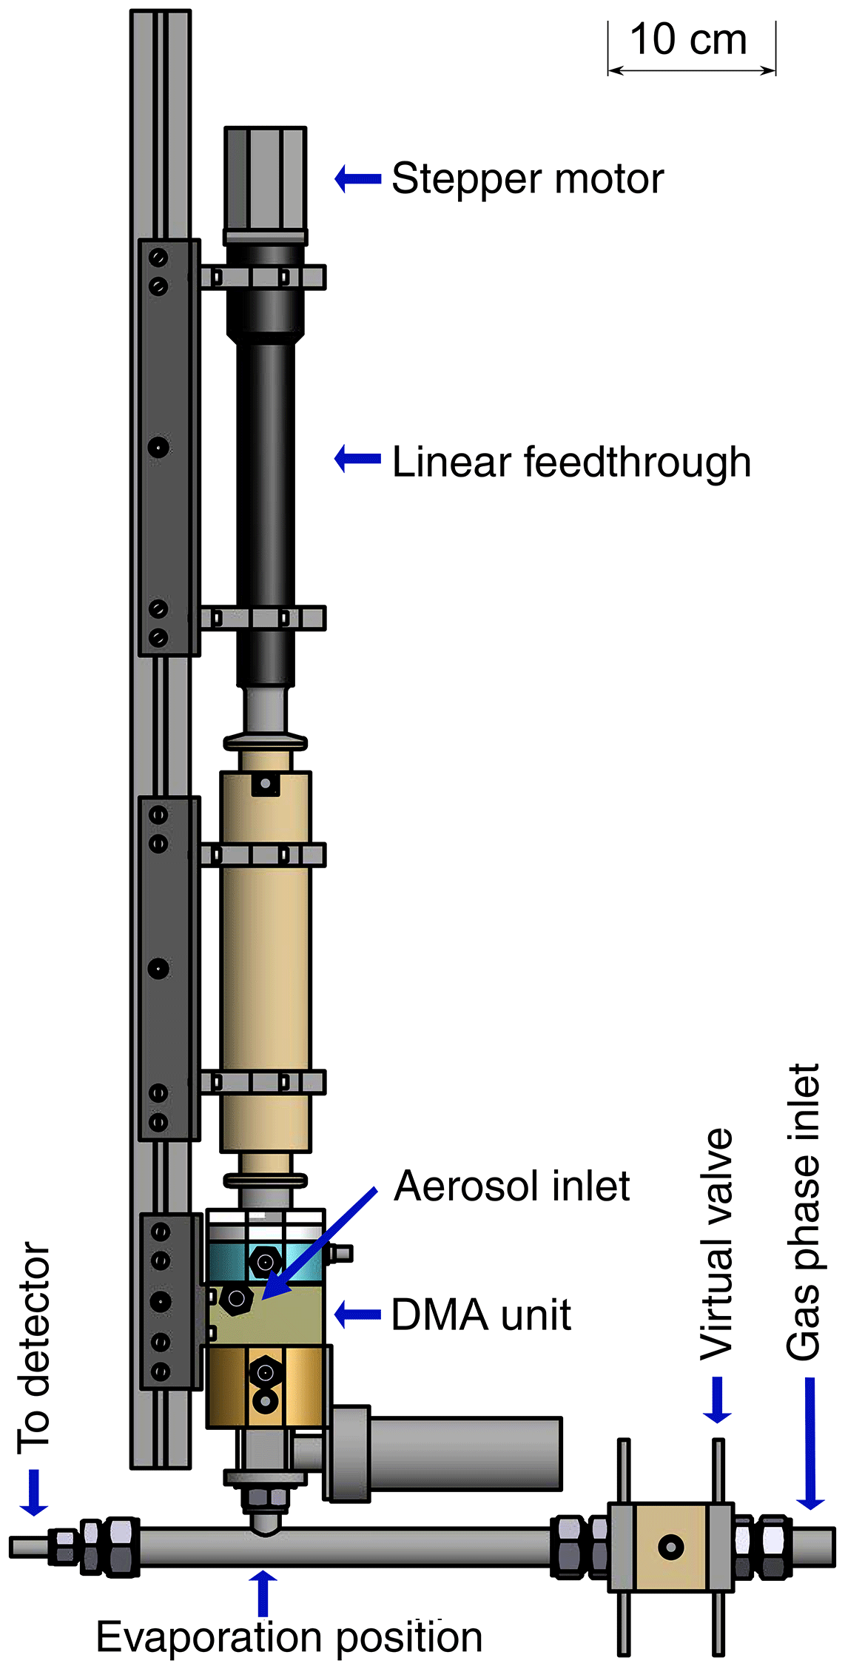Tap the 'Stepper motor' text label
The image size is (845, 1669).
click(x=528, y=179)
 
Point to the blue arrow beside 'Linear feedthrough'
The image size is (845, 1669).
click(x=358, y=459)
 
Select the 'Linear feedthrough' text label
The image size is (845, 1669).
click(x=571, y=463)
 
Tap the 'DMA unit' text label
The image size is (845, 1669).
click(x=481, y=1315)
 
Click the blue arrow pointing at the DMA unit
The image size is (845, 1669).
click(x=358, y=1314)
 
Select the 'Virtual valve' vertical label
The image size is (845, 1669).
click(x=716, y=1243)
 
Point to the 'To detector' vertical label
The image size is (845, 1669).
click(x=34, y=1346)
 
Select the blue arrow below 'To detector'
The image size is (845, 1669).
click(x=33, y=1492)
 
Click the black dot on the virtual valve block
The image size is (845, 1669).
click(x=671, y=1547)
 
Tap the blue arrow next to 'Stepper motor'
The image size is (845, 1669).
click(x=358, y=178)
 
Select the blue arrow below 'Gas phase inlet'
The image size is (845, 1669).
click(x=810, y=1443)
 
